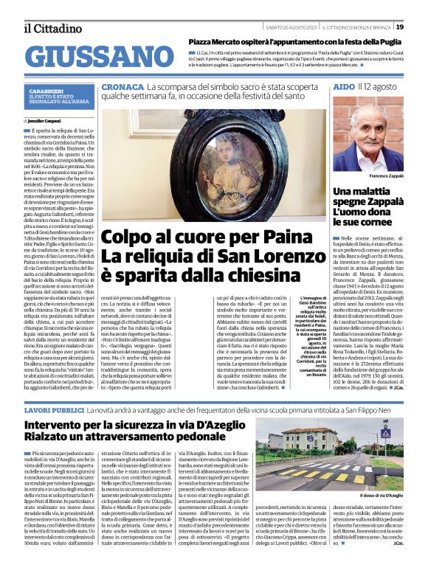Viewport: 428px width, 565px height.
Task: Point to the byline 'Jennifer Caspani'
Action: coord(45,119)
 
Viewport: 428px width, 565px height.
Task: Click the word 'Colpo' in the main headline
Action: coord(131,238)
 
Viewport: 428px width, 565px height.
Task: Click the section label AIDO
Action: coord(343,87)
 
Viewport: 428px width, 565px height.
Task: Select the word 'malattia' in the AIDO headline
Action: coord(373,192)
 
